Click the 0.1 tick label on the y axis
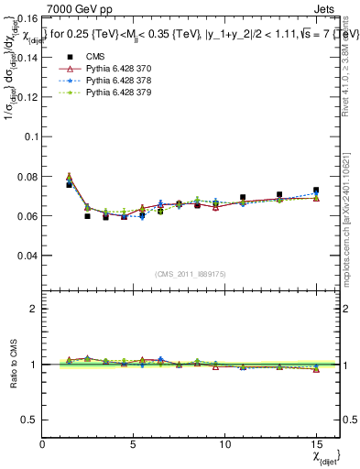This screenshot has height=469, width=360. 30,136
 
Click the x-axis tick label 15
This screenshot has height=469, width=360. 316,444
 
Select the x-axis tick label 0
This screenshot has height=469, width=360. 43,444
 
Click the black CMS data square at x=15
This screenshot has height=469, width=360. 316,191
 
